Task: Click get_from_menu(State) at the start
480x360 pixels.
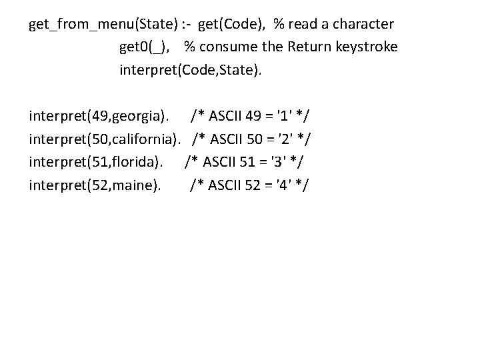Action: coord(103,25)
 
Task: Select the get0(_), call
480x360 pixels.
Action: coord(147,47)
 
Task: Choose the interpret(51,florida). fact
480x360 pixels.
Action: coord(95,161)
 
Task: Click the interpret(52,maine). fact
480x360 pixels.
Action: coord(95,183)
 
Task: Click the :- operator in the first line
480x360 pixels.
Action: coord(188,25)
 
